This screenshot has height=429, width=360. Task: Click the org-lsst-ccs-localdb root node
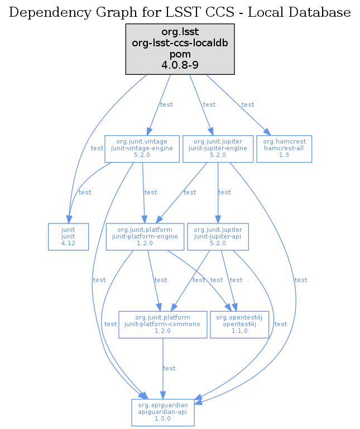[x=180, y=49]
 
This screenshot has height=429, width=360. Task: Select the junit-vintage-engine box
[x=143, y=149]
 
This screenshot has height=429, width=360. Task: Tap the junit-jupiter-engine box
[x=218, y=149]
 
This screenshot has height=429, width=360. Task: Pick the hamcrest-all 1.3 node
[x=284, y=149]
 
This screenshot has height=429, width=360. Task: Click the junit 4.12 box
[x=68, y=237]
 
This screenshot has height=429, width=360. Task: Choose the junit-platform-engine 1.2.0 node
[x=145, y=237]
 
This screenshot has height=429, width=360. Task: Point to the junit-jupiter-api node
[x=218, y=237]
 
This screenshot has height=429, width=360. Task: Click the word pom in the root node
[x=180, y=54]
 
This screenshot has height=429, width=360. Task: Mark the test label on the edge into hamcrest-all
[x=248, y=104]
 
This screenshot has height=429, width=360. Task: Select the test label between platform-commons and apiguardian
[x=169, y=368]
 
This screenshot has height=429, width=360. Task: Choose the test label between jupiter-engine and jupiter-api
[x=224, y=192]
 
